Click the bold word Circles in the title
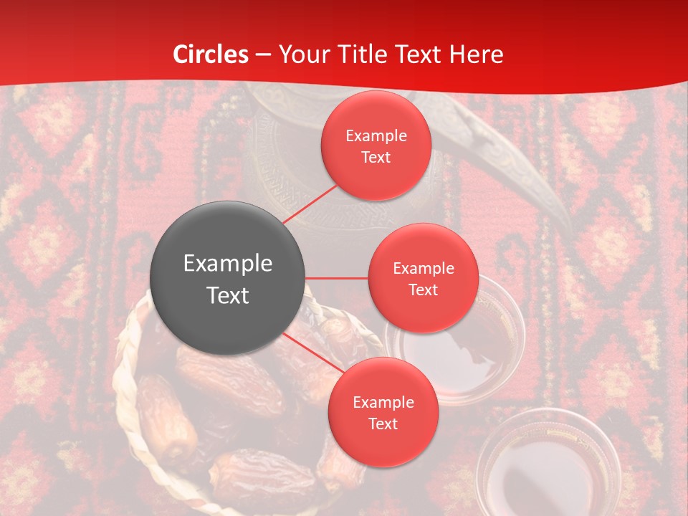pyautogui.click(x=211, y=54)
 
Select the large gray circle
pyautogui.click(x=227, y=278)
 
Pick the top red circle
pyautogui.click(x=376, y=146)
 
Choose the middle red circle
pyautogui.click(x=423, y=278)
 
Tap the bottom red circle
pyautogui.click(x=383, y=412)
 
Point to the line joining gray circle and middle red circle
pyautogui.click(x=336, y=278)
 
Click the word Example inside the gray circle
pyautogui.click(x=227, y=264)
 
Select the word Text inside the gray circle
pyautogui.click(x=227, y=295)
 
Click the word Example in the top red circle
pyautogui.click(x=376, y=135)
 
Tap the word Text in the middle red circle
pyautogui.click(x=423, y=290)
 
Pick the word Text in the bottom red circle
pyautogui.click(x=383, y=424)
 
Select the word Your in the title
pyautogui.click(x=301, y=54)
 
